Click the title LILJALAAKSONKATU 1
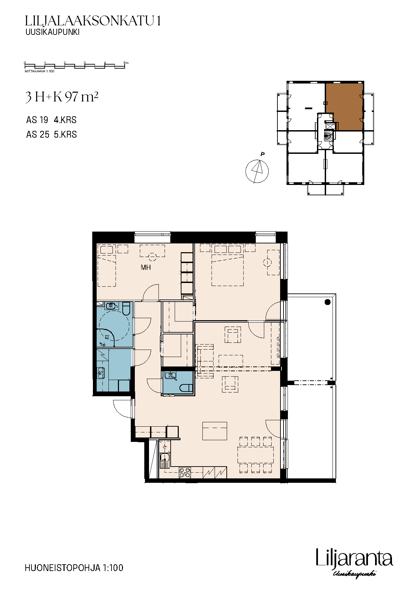tap(93, 21)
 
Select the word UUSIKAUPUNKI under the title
tap(52, 32)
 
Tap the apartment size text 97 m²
tap(81, 97)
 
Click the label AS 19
tap(37, 120)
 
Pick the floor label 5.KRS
tap(66, 135)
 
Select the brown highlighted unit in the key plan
tap(344, 106)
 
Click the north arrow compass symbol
tap(257, 171)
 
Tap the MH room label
tap(146, 267)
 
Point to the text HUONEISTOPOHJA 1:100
tap(74, 568)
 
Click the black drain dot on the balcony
tap(327, 302)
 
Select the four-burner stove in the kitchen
tap(185, 472)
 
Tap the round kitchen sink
tap(165, 458)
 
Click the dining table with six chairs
tap(255, 455)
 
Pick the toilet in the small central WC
tap(186, 388)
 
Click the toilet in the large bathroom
tap(126, 308)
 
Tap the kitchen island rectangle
tap(215, 431)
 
